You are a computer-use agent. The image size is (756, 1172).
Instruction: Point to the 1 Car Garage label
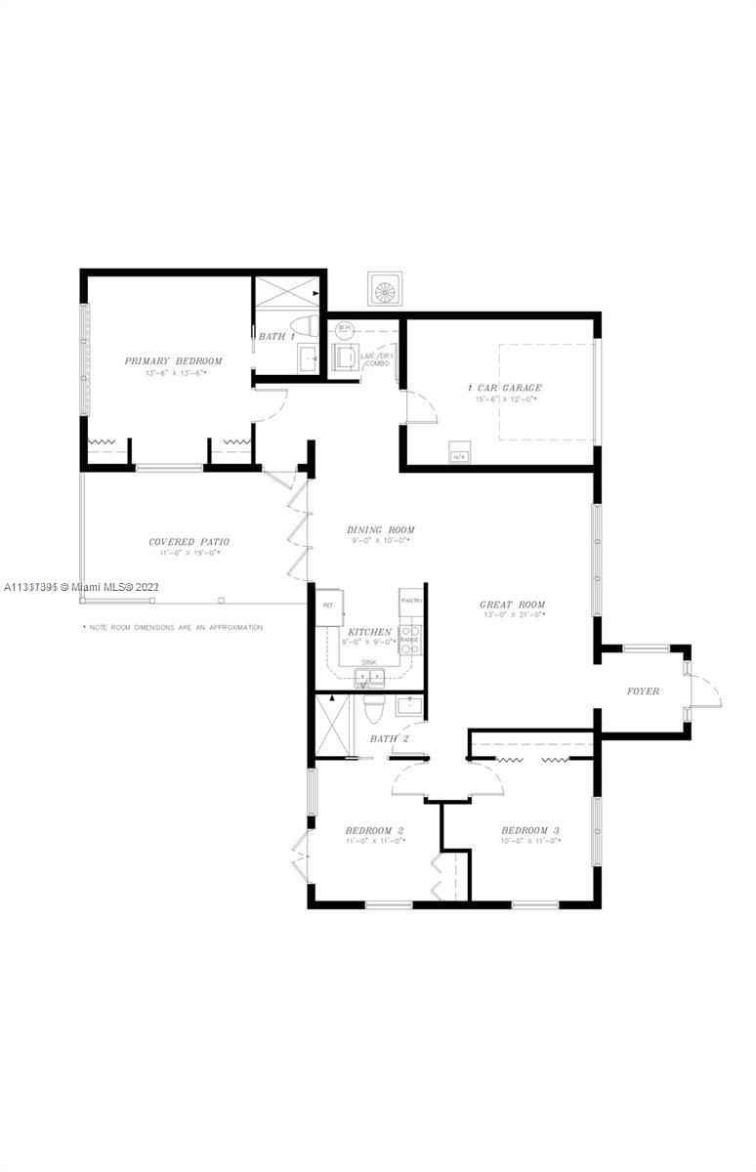[504, 388]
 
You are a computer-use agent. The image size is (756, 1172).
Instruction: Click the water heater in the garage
[457, 454]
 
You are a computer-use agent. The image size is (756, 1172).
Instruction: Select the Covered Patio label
[189, 542]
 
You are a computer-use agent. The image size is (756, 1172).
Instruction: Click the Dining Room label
[380, 530]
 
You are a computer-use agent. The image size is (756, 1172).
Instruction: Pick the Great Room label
[512, 605]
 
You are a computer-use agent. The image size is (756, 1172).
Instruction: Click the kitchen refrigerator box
[327, 606]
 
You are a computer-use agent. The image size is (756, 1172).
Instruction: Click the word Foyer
[643, 691]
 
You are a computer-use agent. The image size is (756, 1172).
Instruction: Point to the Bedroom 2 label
[374, 831]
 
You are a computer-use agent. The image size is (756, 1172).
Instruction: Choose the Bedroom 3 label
[529, 831]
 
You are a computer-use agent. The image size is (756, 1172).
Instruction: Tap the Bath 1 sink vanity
[308, 358]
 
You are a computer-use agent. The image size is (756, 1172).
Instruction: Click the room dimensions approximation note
[173, 627]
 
